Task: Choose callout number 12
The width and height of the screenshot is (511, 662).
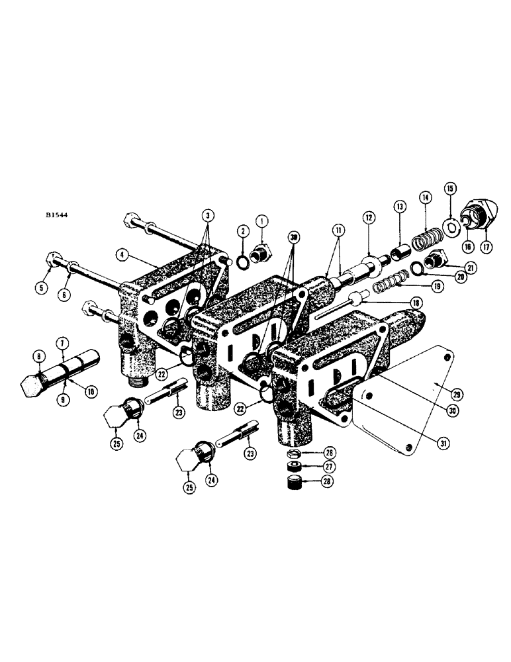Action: [368, 216]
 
